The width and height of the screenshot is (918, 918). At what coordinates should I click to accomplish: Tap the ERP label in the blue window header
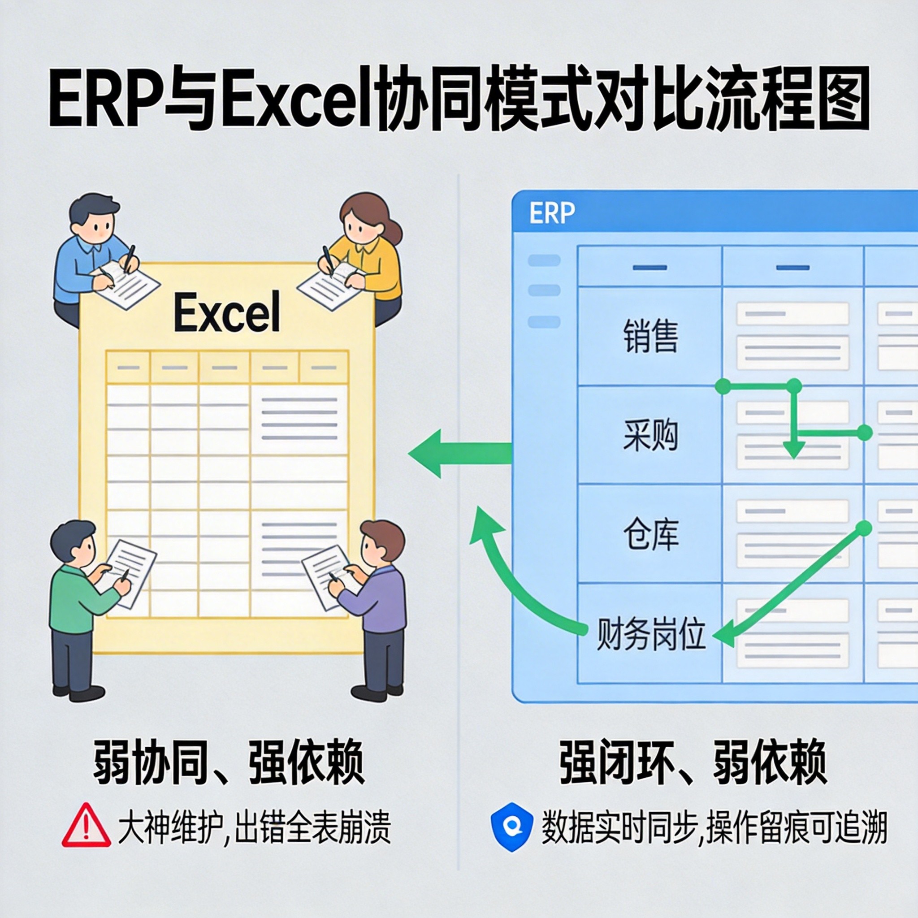tap(552, 213)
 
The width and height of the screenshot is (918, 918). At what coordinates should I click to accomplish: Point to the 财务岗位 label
tap(650, 634)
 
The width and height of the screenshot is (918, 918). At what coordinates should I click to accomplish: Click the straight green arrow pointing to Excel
tap(456, 453)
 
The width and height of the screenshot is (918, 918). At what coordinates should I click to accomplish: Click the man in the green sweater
tap(76, 603)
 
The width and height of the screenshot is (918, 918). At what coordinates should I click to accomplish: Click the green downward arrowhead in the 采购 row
tap(793, 449)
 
